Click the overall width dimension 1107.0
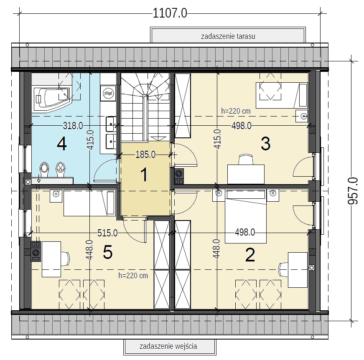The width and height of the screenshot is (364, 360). coord(170,13)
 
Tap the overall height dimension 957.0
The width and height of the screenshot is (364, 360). coord(353,191)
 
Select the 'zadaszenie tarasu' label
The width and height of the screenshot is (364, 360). coord(228,36)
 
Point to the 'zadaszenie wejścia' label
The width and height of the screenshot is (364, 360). coord(168,346)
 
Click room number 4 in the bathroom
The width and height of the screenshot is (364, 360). coord(62,144)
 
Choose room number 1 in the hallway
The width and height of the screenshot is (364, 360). coord(144,175)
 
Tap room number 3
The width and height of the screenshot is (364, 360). coord(265,144)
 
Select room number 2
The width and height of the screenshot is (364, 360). coord(250,255)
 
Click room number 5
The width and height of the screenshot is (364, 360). coord(108,252)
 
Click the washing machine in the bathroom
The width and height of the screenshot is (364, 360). coord(108,93)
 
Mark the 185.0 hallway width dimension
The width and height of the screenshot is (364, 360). coord(145,155)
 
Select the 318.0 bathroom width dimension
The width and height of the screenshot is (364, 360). coord(73,126)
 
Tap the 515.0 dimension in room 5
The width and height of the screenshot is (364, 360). coord(107,233)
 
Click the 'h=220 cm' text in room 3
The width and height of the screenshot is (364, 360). coord(236,111)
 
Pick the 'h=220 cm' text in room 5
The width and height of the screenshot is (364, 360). coord(133,276)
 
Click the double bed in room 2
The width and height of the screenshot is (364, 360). coord(246,217)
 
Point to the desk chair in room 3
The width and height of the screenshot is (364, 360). coord(246,159)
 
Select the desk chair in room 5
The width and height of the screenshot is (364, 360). coord(65,259)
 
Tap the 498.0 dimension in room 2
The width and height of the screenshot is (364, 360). coord(245,232)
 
